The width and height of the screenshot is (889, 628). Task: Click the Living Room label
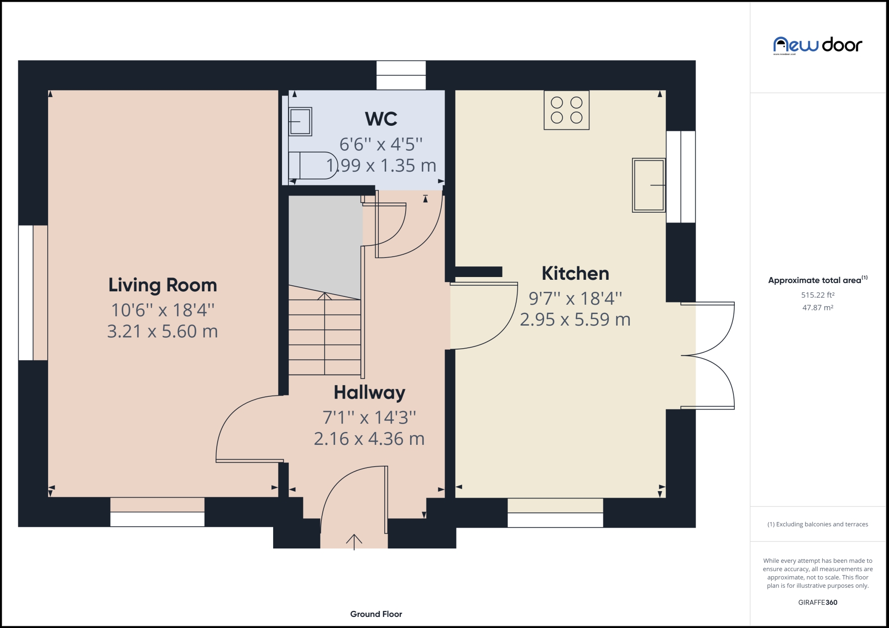163,285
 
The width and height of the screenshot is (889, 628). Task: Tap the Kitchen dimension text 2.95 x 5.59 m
575,320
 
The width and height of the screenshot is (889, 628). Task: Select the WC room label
381,119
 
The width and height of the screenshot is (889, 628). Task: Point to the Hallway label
369,393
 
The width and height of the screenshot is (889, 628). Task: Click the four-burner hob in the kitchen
566,110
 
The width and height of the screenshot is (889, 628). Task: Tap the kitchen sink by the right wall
649,185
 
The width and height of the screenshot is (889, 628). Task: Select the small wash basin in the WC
300,121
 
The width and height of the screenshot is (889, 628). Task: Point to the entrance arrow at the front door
354,541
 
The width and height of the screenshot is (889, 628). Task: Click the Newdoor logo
817,45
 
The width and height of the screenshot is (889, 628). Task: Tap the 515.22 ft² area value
818,295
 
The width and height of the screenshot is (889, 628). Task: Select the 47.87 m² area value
818,308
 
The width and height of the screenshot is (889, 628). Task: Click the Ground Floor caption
376,614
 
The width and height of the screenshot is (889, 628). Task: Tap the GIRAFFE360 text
818,603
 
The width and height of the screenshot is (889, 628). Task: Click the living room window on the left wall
26,293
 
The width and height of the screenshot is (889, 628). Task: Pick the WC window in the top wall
401,75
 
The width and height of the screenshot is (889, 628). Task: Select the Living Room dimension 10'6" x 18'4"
163,310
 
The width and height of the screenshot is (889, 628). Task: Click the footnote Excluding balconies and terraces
818,524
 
